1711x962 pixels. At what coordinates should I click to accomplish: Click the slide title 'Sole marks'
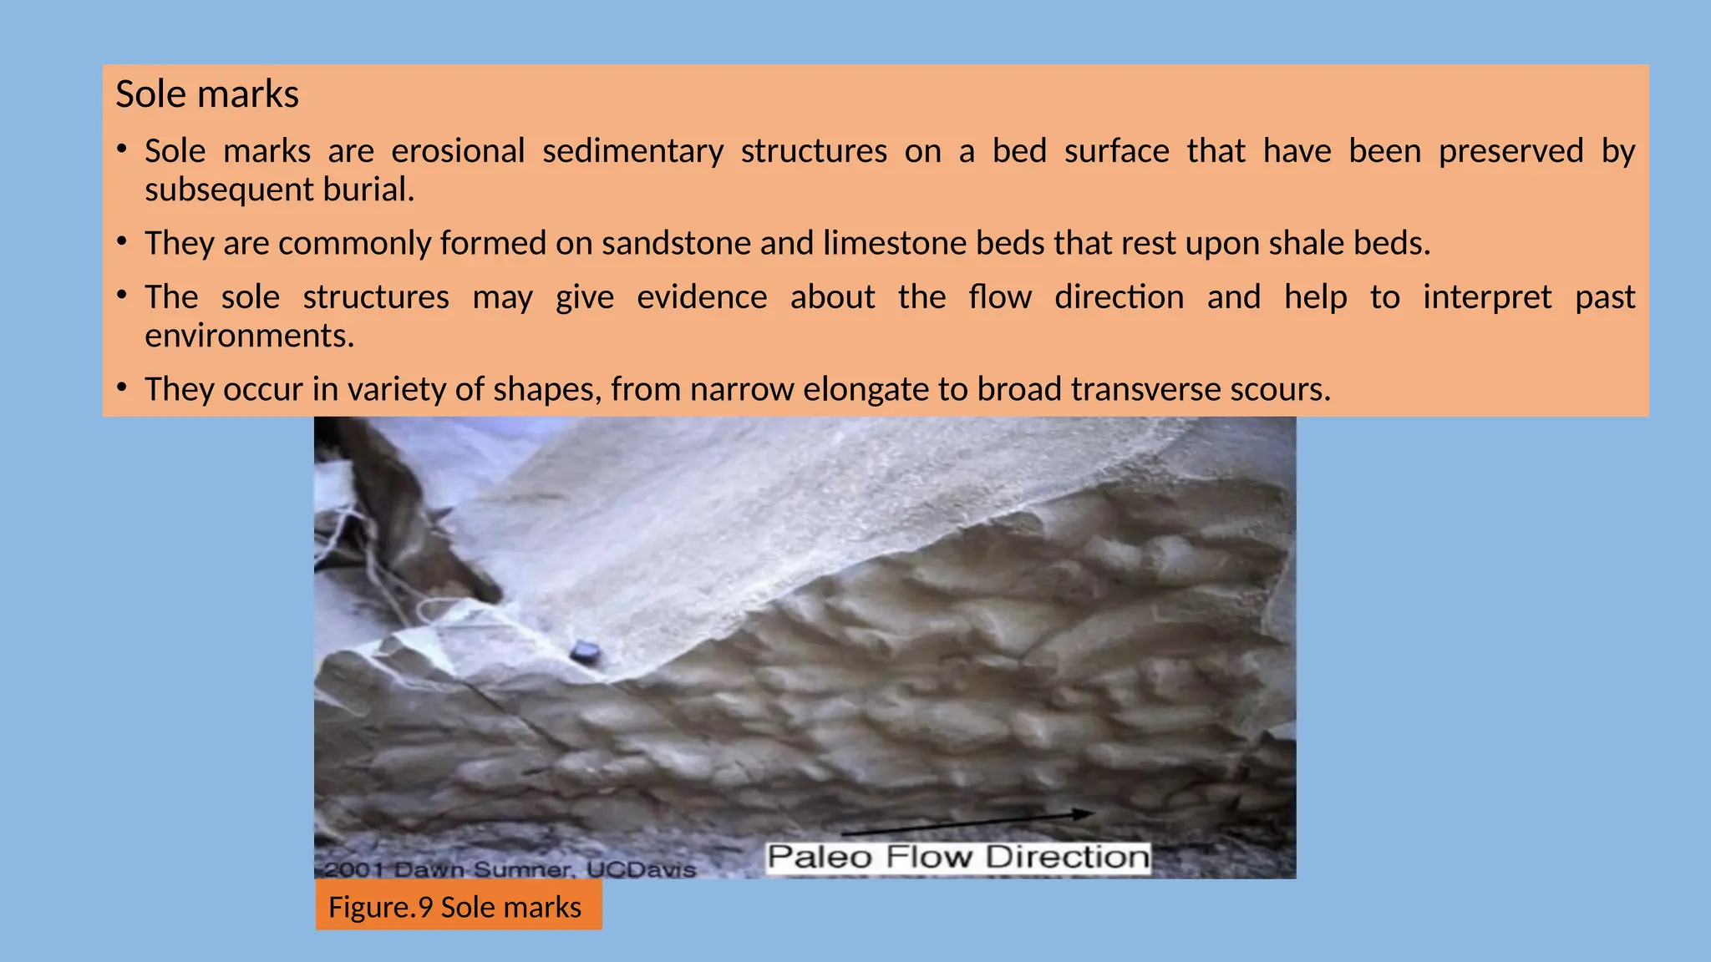pyautogui.click(x=206, y=94)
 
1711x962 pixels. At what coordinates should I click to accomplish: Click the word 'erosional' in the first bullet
pyautogui.click(x=458, y=151)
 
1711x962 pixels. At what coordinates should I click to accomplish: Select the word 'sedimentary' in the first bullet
pyautogui.click(x=632, y=151)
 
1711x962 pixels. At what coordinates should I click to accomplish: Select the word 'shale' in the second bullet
pyautogui.click(x=1306, y=243)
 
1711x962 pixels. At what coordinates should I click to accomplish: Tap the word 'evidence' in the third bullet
pyautogui.click(x=702, y=297)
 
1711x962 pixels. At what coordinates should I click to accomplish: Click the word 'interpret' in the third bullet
pyautogui.click(x=1487, y=297)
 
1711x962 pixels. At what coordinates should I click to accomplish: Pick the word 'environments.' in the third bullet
pyautogui.click(x=250, y=336)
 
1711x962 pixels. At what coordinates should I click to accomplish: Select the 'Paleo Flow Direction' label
pyautogui.click(x=958, y=858)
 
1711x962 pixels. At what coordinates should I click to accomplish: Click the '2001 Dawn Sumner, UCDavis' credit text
pyautogui.click(x=510, y=869)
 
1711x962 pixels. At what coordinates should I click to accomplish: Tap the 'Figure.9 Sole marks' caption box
pyautogui.click(x=458, y=907)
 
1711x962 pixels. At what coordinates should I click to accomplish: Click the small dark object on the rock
pyautogui.click(x=585, y=651)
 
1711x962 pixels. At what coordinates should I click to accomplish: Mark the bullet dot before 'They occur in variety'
pyautogui.click(x=122, y=387)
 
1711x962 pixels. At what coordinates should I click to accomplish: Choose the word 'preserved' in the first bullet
pyautogui.click(x=1510, y=151)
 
